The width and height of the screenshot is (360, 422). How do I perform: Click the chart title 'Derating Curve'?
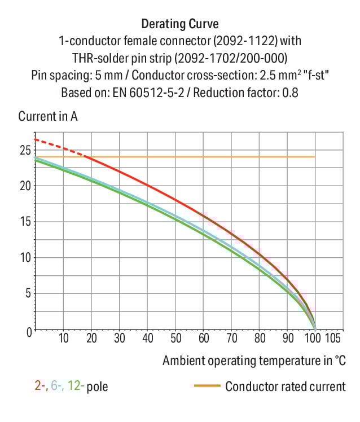point(179,24)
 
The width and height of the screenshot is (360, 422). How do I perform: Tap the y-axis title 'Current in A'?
point(48,117)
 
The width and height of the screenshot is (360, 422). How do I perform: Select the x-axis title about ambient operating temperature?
point(254,360)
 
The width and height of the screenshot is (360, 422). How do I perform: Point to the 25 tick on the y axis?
point(24,150)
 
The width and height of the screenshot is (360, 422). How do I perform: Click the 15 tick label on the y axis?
point(24,222)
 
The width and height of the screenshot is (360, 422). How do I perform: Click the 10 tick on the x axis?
point(63,339)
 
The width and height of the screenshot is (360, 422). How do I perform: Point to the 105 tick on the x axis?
point(335,339)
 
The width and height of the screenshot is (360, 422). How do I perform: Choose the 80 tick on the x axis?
point(259,339)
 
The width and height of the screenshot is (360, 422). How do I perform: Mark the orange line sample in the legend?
point(207,386)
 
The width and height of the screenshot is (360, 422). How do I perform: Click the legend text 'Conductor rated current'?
point(285,386)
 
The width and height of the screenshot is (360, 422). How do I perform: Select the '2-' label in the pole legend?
point(40,386)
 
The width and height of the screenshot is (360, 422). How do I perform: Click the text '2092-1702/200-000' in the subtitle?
point(238,58)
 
